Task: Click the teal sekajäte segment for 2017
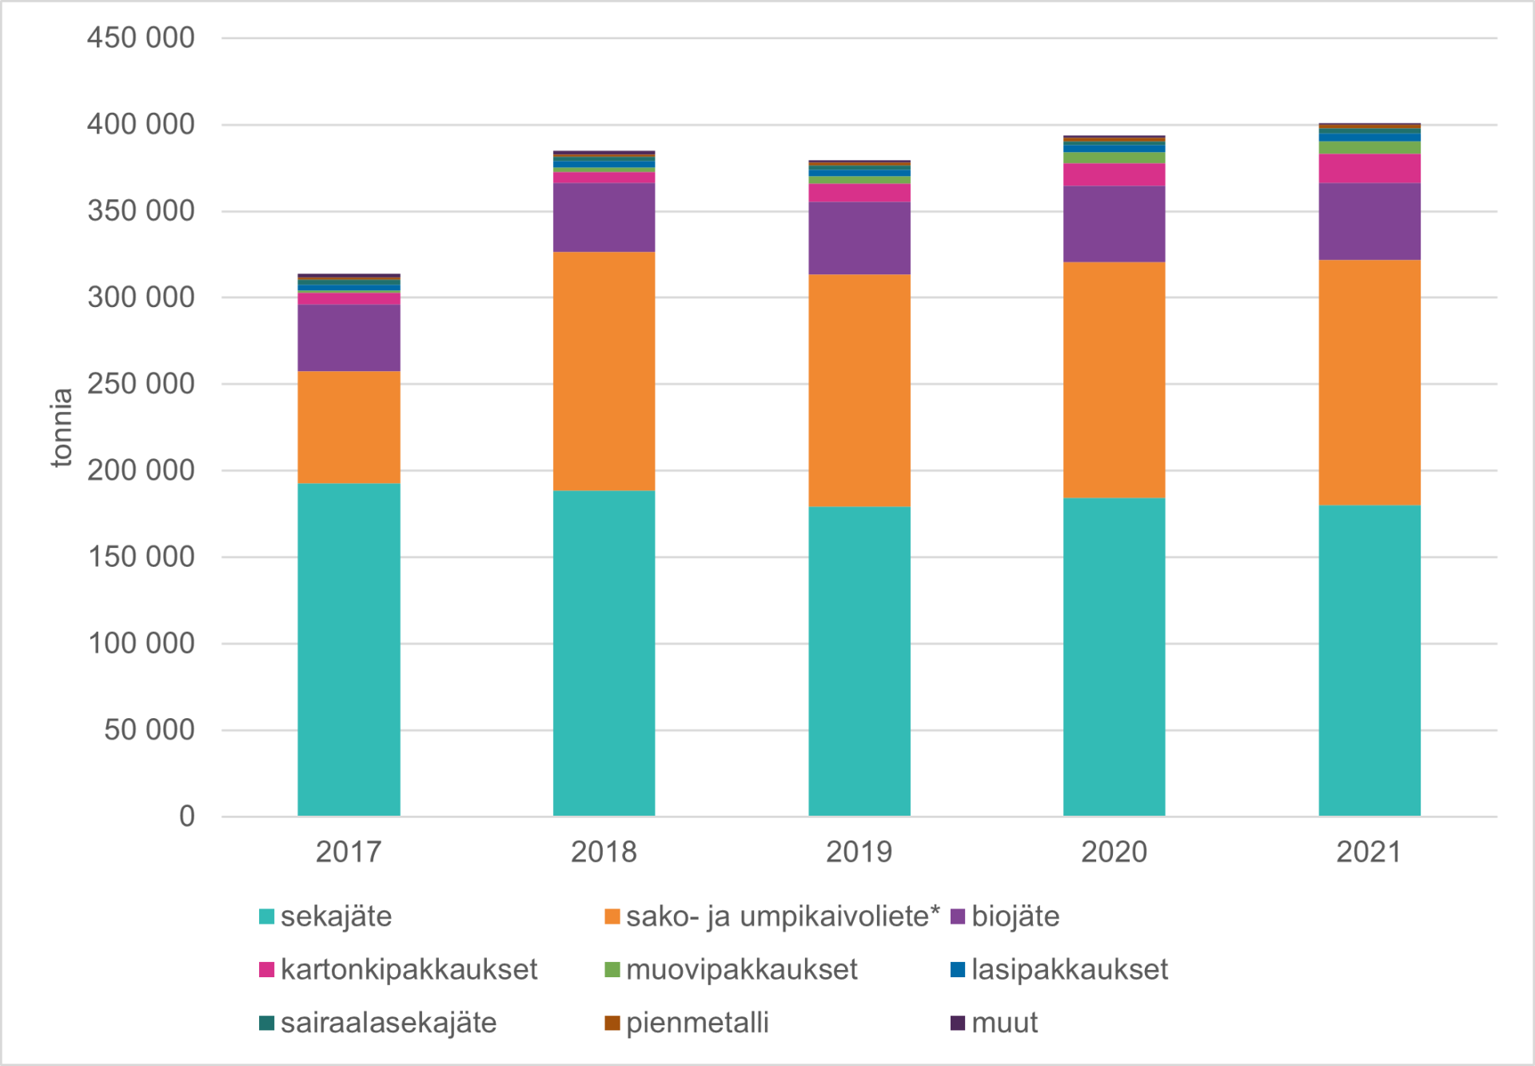[x=349, y=649]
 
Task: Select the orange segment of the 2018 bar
[x=604, y=371]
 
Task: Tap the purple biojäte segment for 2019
[x=859, y=238]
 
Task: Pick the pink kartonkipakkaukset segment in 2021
[x=1369, y=169]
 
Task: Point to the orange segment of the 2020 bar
[x=1114, y=380]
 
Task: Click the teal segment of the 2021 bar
[x=1369, y=661]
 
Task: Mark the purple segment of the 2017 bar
[x=349, y=337]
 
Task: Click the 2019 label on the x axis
[x=859, y=852]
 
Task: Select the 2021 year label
[x=1369, y=852]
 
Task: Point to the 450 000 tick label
[x=141, y=38]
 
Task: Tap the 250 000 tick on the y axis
[x=141, y=384]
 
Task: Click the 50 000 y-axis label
[x=150, y=729]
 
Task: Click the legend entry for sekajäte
[x=336, y=916]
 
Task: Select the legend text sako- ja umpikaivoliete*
[x=782, y=916]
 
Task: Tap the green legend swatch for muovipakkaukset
[x=612, y=970]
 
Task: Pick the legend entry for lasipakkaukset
[x=1069, y=970]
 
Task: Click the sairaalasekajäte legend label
[x=389, y=1023]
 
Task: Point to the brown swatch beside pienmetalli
[x=612, y=1023]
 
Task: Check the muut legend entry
[x=1004, y=1023]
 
